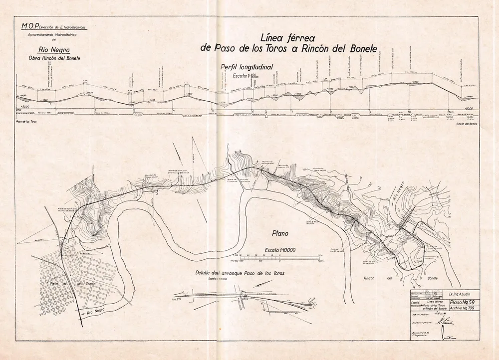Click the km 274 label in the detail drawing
[176, 299]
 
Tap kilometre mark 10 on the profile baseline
[409, 112]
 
